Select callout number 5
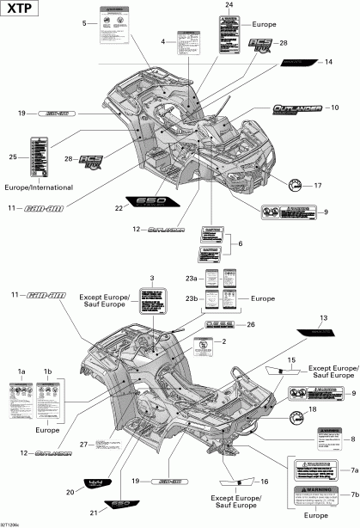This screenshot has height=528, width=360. coord(84,22)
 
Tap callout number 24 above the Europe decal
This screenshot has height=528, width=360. coord(229,6)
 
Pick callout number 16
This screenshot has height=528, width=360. coord(264,484)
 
